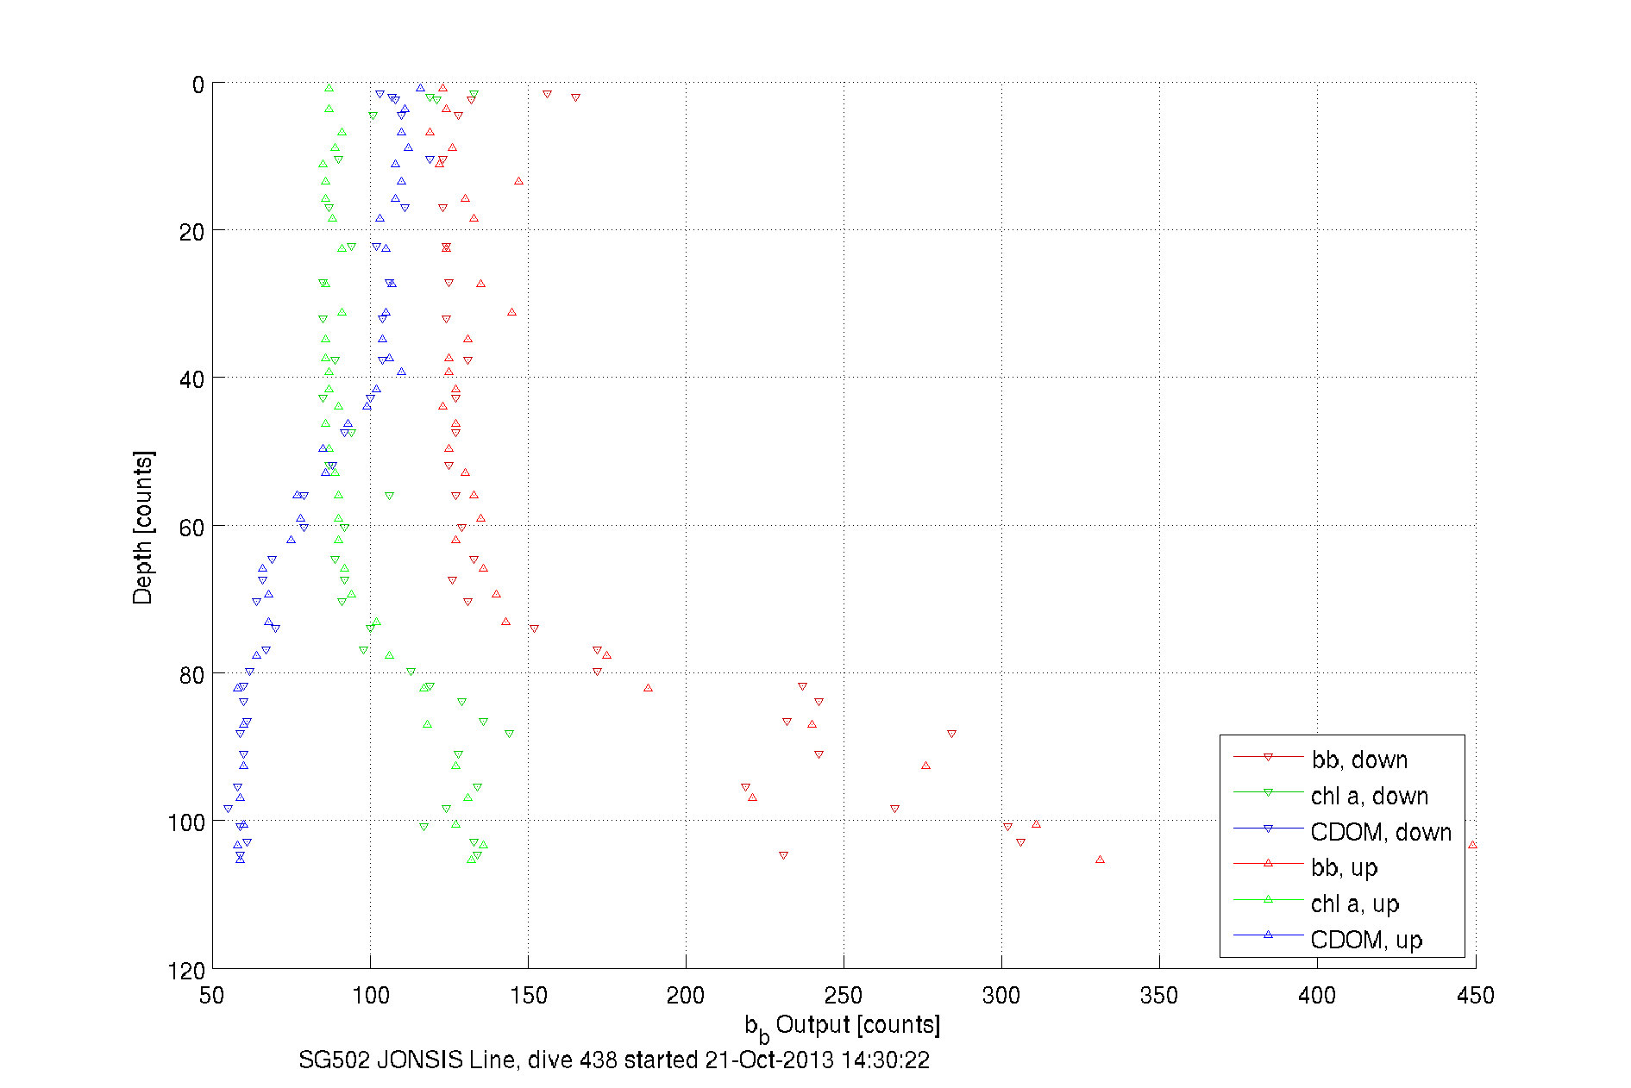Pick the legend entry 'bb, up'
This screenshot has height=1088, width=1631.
(x=1344, y=867)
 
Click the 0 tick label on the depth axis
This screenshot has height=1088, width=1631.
(x=198, y=84)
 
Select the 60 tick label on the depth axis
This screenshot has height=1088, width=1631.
(x=192, y=528)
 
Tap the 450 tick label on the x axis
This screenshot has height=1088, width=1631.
(x=1475, y=996)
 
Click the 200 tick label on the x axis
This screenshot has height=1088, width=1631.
(x=686, y=996)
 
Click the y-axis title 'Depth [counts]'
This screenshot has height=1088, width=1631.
(x=142, y=527)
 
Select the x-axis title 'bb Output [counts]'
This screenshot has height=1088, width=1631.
(x=843, y=1025)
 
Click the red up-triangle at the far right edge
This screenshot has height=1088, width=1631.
(x=1472, y=845)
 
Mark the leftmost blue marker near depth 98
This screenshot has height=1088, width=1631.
(x=228, y=809)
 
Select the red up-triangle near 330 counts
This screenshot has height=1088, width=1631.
(x=1100, y=860)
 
